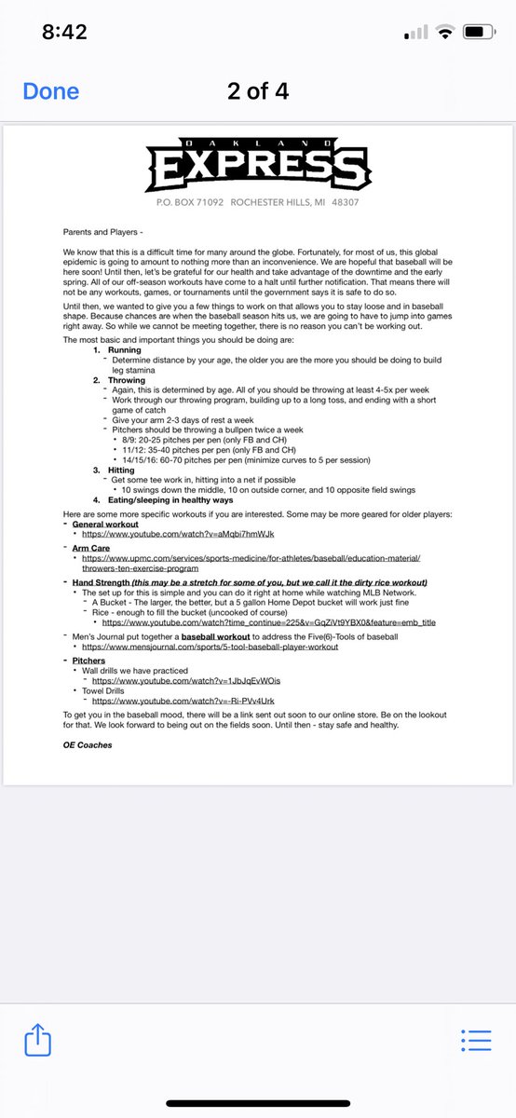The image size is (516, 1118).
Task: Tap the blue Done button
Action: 50,91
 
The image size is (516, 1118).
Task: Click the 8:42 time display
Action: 64,32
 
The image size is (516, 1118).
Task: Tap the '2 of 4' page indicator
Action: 258,91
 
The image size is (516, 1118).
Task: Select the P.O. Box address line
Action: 258,202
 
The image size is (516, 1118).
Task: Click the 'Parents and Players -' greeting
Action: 102,232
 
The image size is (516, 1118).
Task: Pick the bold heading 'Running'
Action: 125,349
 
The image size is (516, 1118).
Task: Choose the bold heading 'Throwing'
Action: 128,380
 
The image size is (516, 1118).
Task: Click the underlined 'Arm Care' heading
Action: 90,549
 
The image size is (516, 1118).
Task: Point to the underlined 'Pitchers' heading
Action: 89,660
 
